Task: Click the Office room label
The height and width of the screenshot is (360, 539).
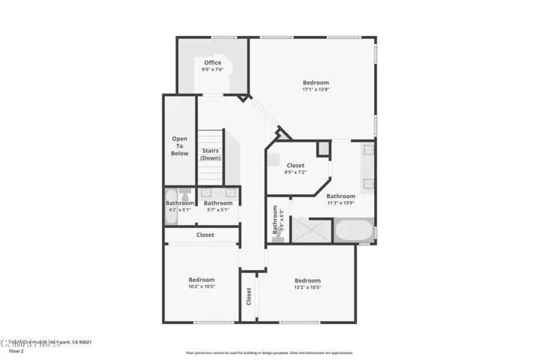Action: click(213, 62)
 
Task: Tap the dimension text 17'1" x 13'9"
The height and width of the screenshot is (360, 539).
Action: click(316, 89)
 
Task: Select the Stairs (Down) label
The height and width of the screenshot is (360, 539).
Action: click(211, 154)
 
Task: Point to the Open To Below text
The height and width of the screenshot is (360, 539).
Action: click(180, 145)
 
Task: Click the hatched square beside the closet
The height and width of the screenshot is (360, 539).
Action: click(323, 149)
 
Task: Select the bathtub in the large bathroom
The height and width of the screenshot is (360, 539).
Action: click(354, 230)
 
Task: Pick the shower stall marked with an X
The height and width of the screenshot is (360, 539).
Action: click(311, 229)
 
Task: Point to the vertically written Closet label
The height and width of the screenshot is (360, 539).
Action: click(248, 296)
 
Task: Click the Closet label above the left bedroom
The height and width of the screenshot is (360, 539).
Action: click(205, 235)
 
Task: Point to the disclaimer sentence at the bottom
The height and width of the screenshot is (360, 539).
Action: click(269, 352)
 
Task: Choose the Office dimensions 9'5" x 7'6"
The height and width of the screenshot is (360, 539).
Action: click(213, 70)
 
